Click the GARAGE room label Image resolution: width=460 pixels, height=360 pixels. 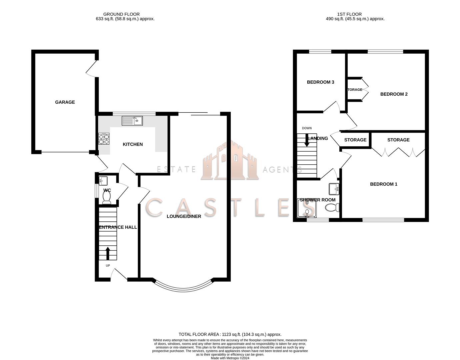(x=65, y=102)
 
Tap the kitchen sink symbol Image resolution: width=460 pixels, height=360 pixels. (x=132, y=121)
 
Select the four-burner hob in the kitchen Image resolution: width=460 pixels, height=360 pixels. (x=104, y=139)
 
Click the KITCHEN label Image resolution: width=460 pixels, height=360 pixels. (x=133, y=144)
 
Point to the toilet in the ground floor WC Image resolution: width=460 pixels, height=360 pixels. (x=107, y=199)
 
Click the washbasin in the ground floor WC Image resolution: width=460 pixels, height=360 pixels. (x=103, y=180)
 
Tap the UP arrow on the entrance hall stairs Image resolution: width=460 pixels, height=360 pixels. (x=108, y=253)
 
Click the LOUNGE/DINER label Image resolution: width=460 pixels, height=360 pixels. (x=184, y=216)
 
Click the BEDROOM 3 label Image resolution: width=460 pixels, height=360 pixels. (x=320, y=82)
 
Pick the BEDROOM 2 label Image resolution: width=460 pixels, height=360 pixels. (x=394, y=94)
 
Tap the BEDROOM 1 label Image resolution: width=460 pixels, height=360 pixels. (x=383, y=184)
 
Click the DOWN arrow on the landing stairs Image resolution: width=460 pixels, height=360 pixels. (x=307, y=140)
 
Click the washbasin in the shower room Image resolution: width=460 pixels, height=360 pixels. (x=334, y=189)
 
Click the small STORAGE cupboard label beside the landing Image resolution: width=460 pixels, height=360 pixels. (x=355, y=140)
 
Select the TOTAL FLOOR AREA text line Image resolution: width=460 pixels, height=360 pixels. (x=230, y=334)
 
